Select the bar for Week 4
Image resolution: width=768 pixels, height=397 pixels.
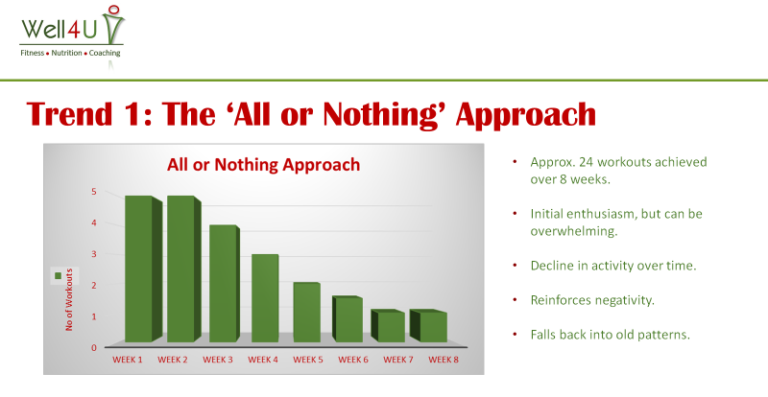click(265, 298)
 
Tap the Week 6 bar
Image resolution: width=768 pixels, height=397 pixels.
click(348, 318)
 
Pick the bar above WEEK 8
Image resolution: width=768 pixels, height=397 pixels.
click(428, 325)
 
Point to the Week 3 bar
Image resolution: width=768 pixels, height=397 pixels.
click(225, 284)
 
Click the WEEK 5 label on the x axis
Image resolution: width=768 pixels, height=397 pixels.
click(308, 360)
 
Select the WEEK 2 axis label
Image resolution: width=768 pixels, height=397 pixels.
click(173, 360)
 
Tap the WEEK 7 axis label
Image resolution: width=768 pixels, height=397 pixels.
click(398, 360)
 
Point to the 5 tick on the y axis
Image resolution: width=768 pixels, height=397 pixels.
click(93, 192)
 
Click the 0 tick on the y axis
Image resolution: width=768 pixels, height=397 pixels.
click(93, 348)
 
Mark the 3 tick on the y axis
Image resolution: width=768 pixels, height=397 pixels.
click(93, 254)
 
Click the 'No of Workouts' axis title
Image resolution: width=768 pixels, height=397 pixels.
click(69, 299)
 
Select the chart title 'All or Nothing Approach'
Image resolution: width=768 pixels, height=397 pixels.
click(263, 165)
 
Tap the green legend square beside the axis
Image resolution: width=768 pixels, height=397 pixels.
click(58, 275)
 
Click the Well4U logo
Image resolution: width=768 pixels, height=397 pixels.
click(73, 34)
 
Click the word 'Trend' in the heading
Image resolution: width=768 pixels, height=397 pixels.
click(69, 113)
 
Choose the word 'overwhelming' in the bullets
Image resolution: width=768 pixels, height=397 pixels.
click(573, 231)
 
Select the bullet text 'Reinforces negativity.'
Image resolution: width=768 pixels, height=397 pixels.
click(592, 300)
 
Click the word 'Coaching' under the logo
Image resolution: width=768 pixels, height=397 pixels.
click(105, 53)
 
